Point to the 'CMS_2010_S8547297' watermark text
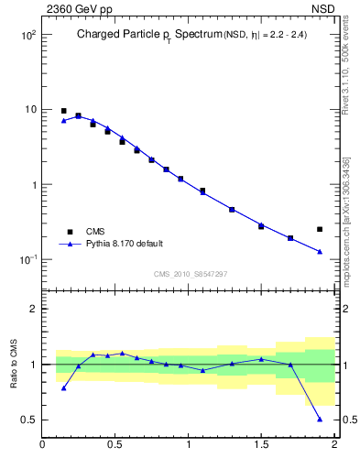191,274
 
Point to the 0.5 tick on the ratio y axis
27,420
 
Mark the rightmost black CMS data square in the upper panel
320,229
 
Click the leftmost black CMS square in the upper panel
63,111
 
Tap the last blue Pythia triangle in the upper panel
320,251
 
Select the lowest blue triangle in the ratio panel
320,419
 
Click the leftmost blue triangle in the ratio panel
63,387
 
